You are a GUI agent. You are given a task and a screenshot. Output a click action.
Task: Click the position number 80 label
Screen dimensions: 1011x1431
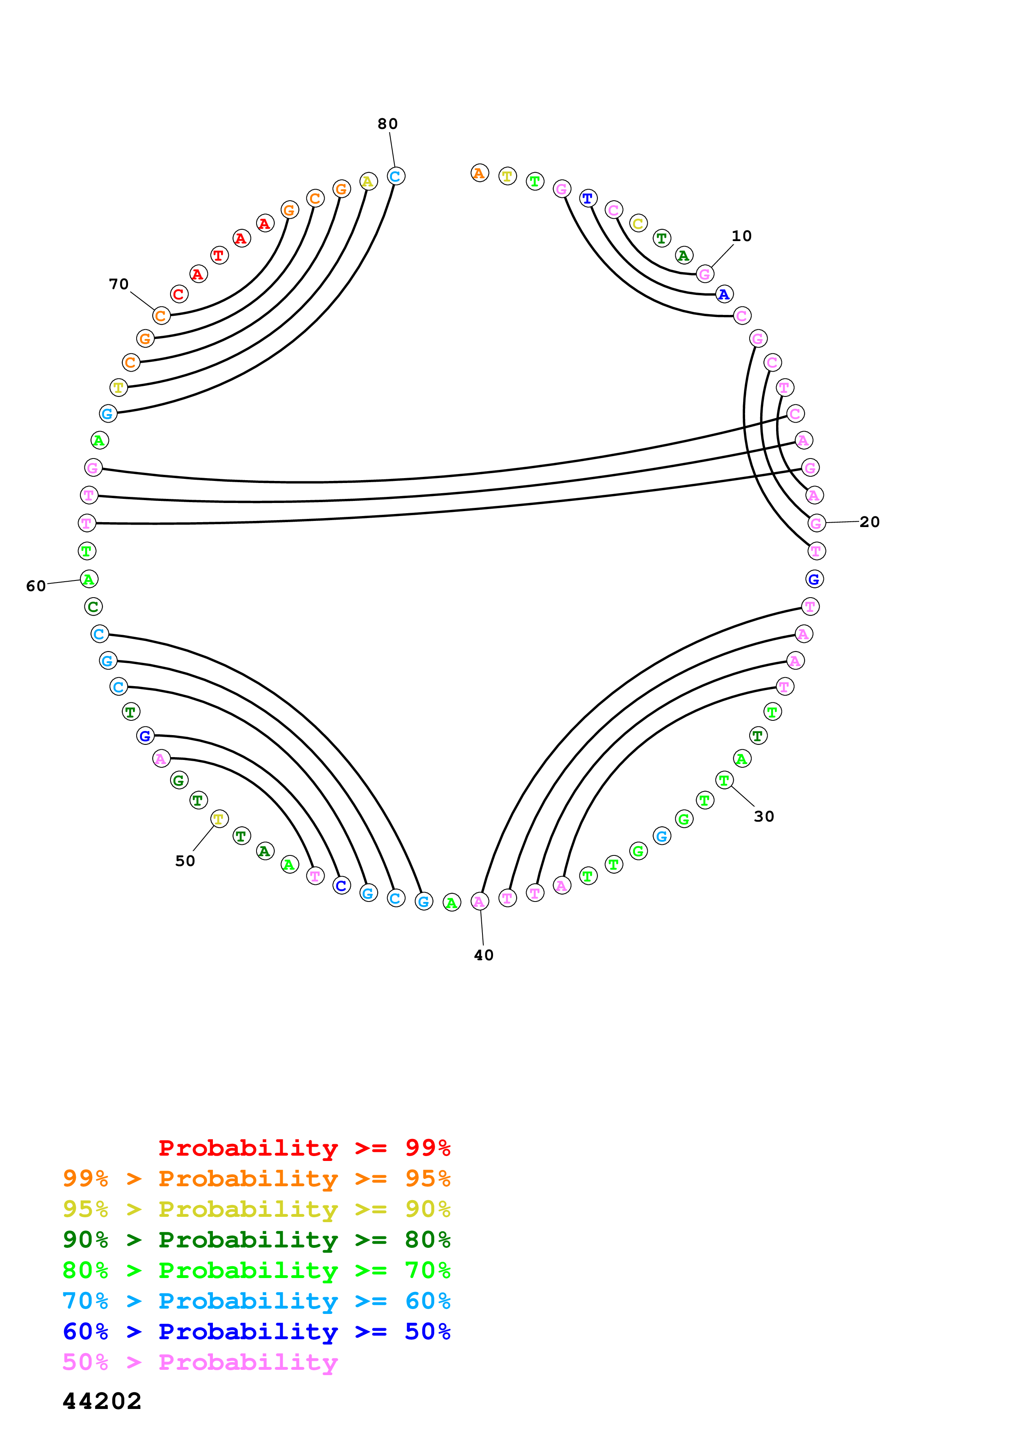click(x=387, y=124)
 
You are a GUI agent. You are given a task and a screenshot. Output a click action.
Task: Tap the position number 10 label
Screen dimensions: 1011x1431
click(x=741, y=236)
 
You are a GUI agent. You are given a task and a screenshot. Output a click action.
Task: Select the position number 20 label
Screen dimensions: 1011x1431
click(x=869, y=522)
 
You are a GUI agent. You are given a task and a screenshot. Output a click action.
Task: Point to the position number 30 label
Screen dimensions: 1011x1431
click(x=764, y=817)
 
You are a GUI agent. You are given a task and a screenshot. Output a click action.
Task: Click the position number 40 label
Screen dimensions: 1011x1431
click(x=483, y=955)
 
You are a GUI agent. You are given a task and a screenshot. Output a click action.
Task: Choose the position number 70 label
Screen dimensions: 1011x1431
click(x=118, y=284)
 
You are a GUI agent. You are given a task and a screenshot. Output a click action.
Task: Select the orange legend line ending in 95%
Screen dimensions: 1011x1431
click(x=256, y=1178)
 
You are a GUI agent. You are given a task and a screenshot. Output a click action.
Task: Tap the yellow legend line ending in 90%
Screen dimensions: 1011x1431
click(x=256, y=1209)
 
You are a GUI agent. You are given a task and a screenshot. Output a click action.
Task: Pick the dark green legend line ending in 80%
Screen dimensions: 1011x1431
click(x=256, y=1240)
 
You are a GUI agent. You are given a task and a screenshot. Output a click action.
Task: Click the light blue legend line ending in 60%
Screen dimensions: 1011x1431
click(x=256, y=1301)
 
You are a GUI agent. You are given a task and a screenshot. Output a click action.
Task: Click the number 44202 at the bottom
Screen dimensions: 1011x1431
click(x=102, y=1401)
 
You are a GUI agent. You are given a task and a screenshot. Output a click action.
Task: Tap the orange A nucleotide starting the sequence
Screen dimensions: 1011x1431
click(x=479, y=173)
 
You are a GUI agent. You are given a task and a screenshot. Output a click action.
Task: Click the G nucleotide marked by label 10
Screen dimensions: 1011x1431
click(x=705, y=274)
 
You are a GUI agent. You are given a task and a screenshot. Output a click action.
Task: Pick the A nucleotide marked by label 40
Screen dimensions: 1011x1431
click(x=479, y=901)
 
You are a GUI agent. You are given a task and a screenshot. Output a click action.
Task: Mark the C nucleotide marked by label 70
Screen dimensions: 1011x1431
click(x=161, y=316)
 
